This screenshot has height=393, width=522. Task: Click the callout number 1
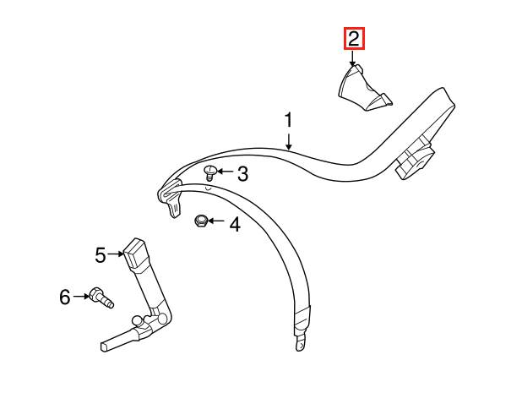(289, 120)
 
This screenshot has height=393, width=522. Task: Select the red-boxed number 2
(354, 38)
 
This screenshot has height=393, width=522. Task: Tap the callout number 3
(243, 174)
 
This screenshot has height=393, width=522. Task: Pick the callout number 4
(235, 224)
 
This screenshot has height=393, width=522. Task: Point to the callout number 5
(101, 255)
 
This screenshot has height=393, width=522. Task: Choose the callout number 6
(65, 297)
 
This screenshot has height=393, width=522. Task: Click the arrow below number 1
(289, 141)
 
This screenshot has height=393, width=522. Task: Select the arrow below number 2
(352, 58)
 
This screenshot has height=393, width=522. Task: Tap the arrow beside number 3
(226, 172)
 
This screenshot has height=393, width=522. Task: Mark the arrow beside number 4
(216, 221)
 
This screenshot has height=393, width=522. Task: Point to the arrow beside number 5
(116, 254)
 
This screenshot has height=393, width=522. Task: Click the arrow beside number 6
(81, 296)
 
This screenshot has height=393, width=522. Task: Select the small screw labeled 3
(210, 173)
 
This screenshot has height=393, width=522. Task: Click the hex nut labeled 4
(201, 221)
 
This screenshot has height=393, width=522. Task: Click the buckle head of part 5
(135, 253)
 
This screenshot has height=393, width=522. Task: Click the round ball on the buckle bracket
(137, 320)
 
